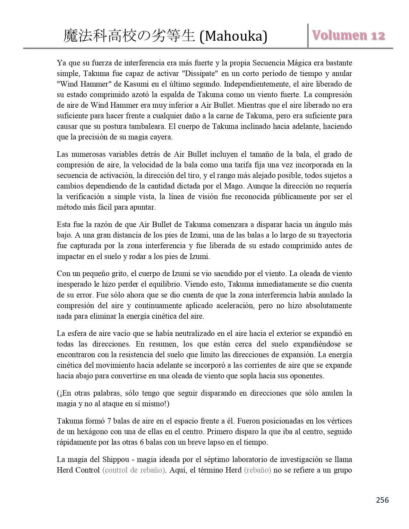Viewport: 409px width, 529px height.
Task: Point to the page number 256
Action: point(382,500)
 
